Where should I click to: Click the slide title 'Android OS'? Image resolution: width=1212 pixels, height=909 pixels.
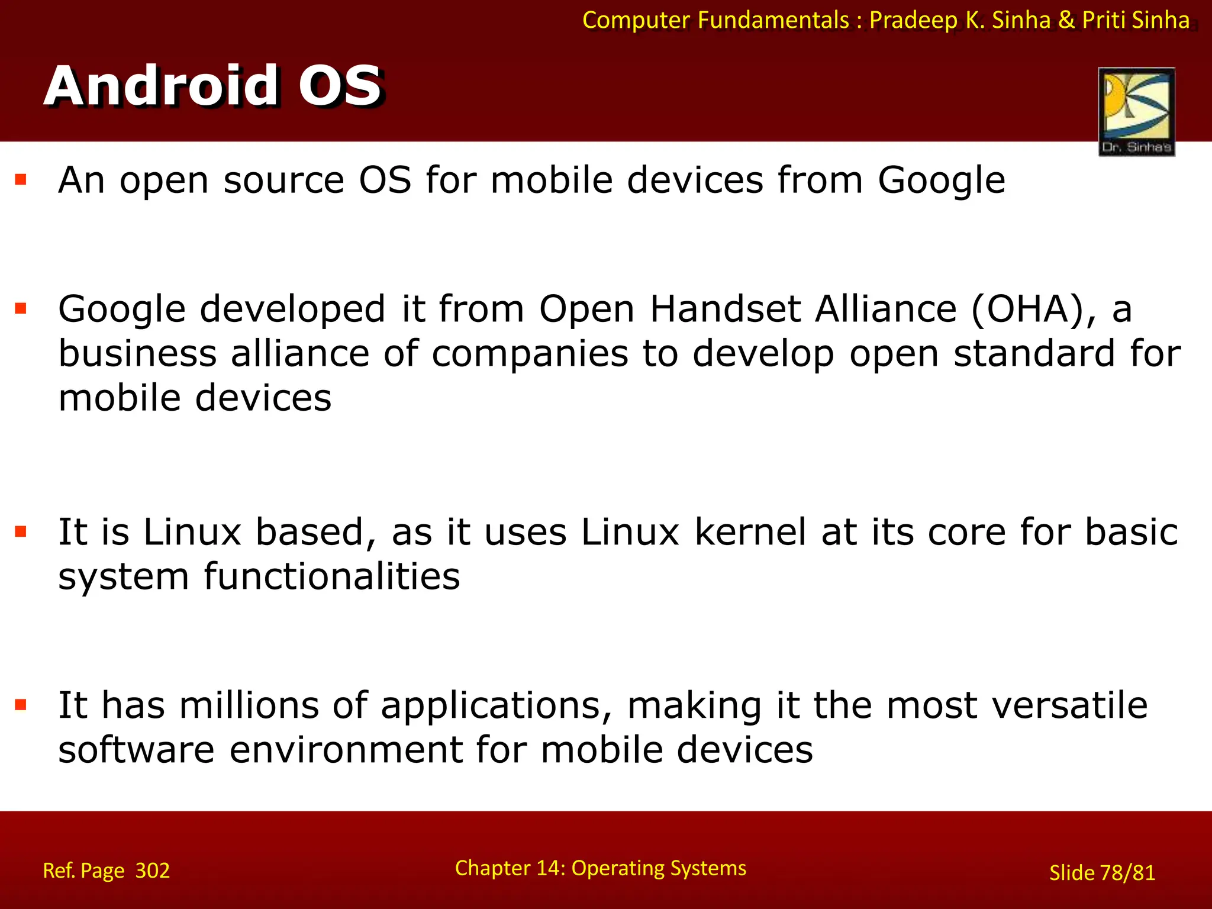(x=213, y=86)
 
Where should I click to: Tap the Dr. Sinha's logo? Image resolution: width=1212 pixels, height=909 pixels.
(x=1136, y=111)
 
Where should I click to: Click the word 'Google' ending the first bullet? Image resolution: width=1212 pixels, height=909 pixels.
(x=941, y=180)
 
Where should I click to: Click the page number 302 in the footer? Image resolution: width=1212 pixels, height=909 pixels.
(x=153, y=871)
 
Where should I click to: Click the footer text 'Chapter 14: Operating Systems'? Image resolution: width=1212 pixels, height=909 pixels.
(x=600, y=868)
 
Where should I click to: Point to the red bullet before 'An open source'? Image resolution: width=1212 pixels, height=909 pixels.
(x=21, y=179)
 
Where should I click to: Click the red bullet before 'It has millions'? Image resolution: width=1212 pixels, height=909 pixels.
(x=21, y=704)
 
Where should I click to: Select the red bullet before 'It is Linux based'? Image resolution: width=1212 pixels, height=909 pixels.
(x=21, y=531)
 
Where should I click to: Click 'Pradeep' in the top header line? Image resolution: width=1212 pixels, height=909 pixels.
(x=913, y=20)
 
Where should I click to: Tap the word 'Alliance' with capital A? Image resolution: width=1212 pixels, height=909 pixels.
(x=885, y=309)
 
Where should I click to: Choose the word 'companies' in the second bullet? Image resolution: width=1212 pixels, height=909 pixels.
(x=530, y=354)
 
